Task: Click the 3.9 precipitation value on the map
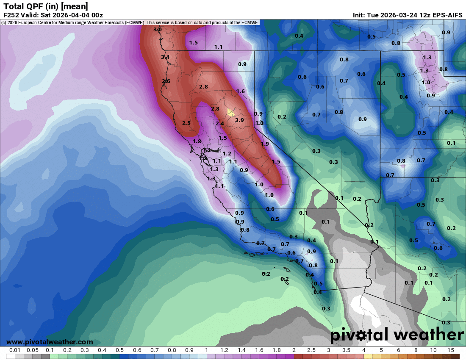coord(240,120)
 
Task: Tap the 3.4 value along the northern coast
coord(165,57)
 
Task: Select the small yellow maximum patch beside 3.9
coord(230,112)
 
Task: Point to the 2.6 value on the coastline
coord(166,81)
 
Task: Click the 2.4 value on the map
coord(219,123)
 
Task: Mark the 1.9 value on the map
coord(265,144)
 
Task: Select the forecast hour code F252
coord(11,15)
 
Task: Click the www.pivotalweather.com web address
coord(50,342)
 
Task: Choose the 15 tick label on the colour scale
coord(450,350)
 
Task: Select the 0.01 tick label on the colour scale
coord(15,350)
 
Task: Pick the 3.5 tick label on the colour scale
coord(346,350)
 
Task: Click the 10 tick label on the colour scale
coord(433,350)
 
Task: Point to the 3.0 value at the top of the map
coord(158,30)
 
